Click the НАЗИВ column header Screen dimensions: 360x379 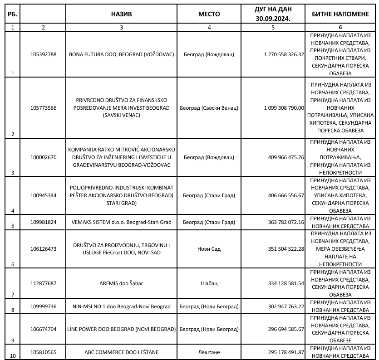[121, 14]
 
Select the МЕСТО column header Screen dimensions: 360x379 [209, 14]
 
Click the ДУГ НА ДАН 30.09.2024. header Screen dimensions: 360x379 [273, 14]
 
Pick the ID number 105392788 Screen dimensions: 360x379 [44, 54]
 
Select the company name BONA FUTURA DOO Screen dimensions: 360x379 [121, 54]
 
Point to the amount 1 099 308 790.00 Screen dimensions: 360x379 [283, 108]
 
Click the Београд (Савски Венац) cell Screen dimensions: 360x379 [209, 108]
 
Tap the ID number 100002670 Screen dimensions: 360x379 [44, 157]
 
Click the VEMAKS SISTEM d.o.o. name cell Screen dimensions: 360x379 [121, 222]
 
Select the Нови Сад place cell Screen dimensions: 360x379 [209, 249]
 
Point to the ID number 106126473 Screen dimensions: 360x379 [44, 249]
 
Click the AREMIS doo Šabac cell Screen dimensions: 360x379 [121, 283]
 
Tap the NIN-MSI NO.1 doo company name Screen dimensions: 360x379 [121, 306]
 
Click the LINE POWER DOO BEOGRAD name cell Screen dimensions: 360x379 [121, 329]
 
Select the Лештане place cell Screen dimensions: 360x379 [209, 351]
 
